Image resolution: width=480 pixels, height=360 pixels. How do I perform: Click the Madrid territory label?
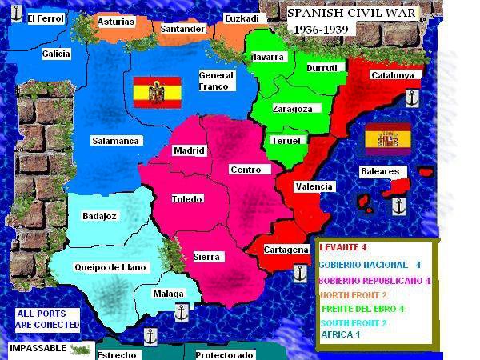pos(190,150)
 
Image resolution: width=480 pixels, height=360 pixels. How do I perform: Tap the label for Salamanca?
pos(116,141)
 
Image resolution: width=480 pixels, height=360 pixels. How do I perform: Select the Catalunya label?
pos(392,75)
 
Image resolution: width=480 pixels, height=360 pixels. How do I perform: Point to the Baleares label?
pos(379,171)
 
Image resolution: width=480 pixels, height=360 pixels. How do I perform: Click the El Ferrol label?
pos(45,18)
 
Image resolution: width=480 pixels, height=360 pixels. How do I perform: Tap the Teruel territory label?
pos(286,141)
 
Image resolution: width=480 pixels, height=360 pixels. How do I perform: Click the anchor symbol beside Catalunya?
pos(412,98)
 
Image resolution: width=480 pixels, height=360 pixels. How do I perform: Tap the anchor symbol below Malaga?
pos(182,311)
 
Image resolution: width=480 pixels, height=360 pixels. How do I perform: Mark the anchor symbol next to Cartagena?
pos(300,272)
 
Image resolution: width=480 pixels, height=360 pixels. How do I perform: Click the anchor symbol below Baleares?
pos(399,206)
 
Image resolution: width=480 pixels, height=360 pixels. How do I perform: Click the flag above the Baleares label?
pos(388,138)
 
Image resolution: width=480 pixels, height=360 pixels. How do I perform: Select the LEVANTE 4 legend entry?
pos(342,248)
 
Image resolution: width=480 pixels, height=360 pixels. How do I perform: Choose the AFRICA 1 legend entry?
pos(341,334)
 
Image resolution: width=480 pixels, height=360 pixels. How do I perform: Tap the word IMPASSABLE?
pos(38,349)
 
